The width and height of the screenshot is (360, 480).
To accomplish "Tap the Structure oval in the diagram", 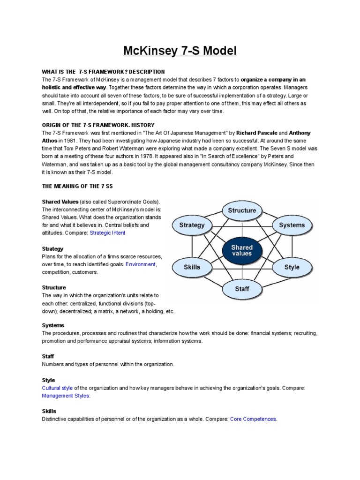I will point(242,210).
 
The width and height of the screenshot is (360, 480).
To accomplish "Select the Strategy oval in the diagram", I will point(192,225).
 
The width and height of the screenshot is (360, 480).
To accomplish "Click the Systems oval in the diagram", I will point(292,225).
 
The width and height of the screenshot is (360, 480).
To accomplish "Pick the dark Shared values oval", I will point(242,250).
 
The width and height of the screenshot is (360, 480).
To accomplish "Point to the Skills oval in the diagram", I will point(192,267).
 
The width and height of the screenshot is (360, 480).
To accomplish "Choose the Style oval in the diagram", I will point(292,267).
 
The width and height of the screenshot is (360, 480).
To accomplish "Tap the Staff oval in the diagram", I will point(242,289).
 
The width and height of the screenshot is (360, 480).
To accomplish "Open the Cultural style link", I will point(57,388).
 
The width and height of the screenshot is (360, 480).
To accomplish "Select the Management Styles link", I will point(65,396).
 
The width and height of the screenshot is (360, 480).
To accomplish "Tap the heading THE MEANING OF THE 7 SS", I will point(77,186).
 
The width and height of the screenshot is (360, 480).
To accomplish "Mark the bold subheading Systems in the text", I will point(53,325).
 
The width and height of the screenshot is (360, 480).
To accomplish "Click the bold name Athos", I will point(50,141).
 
